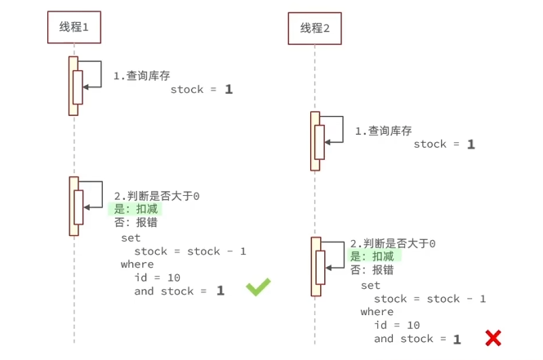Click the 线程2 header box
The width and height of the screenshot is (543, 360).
314,29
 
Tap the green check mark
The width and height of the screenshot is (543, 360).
258,287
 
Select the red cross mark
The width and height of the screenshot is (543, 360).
493,337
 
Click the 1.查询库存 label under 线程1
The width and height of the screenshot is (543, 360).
142,75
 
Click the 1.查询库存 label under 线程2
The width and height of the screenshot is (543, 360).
383,131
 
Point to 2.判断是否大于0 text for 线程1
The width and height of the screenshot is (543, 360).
157,196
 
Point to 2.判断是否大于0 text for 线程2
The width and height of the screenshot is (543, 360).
393,243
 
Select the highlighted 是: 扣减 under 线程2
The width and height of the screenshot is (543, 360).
376,256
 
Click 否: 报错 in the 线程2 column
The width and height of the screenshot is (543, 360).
372,270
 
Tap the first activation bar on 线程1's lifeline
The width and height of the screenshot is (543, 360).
73,86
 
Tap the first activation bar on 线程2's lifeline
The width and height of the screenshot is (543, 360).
315,140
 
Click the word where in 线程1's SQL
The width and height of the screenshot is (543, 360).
137,264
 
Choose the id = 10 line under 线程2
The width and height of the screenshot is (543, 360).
397,325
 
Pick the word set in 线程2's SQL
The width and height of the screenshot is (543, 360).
371,286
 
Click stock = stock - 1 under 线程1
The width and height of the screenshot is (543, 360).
189,251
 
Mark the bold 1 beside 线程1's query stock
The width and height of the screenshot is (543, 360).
229,89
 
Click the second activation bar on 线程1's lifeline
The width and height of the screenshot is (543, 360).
73,206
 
